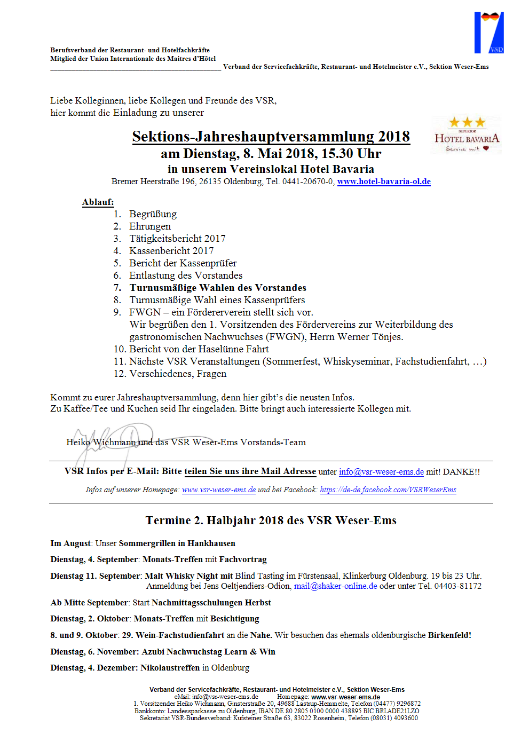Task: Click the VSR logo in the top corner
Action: [488, 33]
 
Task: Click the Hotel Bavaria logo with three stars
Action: [466, 135]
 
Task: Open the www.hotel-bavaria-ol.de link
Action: [383, 182]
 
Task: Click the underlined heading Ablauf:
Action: [98, 202]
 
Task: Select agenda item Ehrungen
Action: [149, 226]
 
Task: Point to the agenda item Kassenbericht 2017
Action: [171, 251]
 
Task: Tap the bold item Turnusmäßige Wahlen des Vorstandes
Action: [217, 288]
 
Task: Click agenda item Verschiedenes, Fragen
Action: [177, 374]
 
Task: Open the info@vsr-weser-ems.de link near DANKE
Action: [381, 472]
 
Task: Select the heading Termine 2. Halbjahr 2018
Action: [271, 521]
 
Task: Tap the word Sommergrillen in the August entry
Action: [147, 543]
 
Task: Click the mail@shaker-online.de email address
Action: [335, 586]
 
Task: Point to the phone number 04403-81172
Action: [457, 586]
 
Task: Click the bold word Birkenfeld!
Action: [449, 635]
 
